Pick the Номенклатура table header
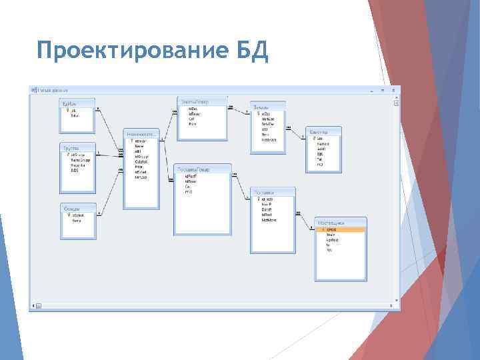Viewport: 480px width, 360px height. (141, 133)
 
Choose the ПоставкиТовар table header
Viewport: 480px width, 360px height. (203, 169)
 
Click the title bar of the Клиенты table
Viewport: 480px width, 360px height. (324, 131)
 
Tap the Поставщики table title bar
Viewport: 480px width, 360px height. (341, 222)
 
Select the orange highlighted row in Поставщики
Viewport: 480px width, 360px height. (341, 229)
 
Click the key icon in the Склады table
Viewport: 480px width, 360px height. (67, 215)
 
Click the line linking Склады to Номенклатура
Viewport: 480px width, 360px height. (109, 194)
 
